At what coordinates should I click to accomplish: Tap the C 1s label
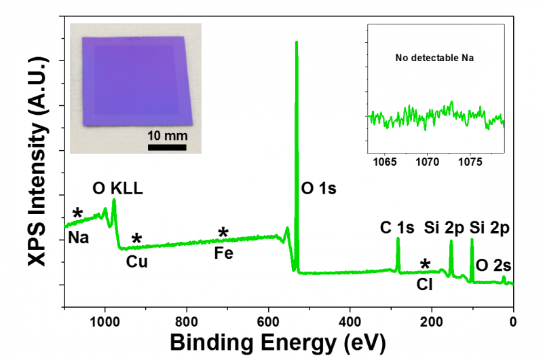point(397,228)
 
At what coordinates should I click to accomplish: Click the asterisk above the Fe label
point(223,234)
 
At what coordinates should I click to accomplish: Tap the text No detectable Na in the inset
point(434,58)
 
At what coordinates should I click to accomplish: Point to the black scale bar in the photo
point(167,146)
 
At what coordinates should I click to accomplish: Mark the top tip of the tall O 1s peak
point(296,42)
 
